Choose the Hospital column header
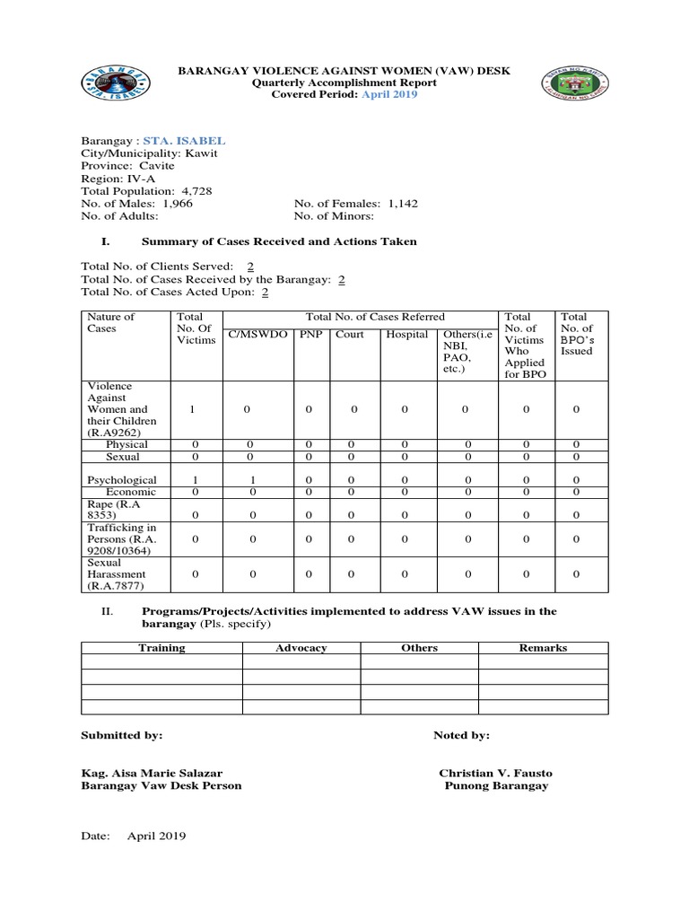[406, 335]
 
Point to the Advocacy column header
[301, 648]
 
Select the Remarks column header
[543, 648]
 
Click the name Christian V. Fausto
[495, 773]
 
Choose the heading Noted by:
[461, 735]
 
